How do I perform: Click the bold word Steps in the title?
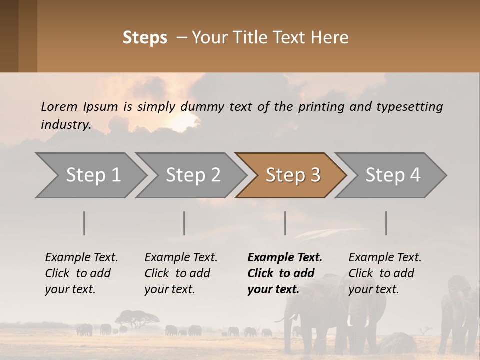pyautogui.click(x=145, y=38)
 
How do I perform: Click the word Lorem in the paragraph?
pyautogui.click(x=59, y=106)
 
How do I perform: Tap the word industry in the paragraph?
pyautogui.click(x=65, y=125)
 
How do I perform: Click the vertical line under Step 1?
pyautogui.click(x=84, y=223)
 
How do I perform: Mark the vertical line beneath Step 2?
pyautogui.click(x=184, y=223)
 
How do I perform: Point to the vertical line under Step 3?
pyautogui.click(x=285, y=223)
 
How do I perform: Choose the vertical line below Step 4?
pyautogui.click(x=386, y=223)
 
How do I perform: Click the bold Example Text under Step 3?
pyautogui.click(x=285, y=258)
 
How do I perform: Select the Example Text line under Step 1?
pyautogui.click(x=81, y=258)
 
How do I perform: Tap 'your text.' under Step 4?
pyautogui.click(x=373, y=290)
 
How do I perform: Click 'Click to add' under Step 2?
pyautogui.click(x=177, y=274)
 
